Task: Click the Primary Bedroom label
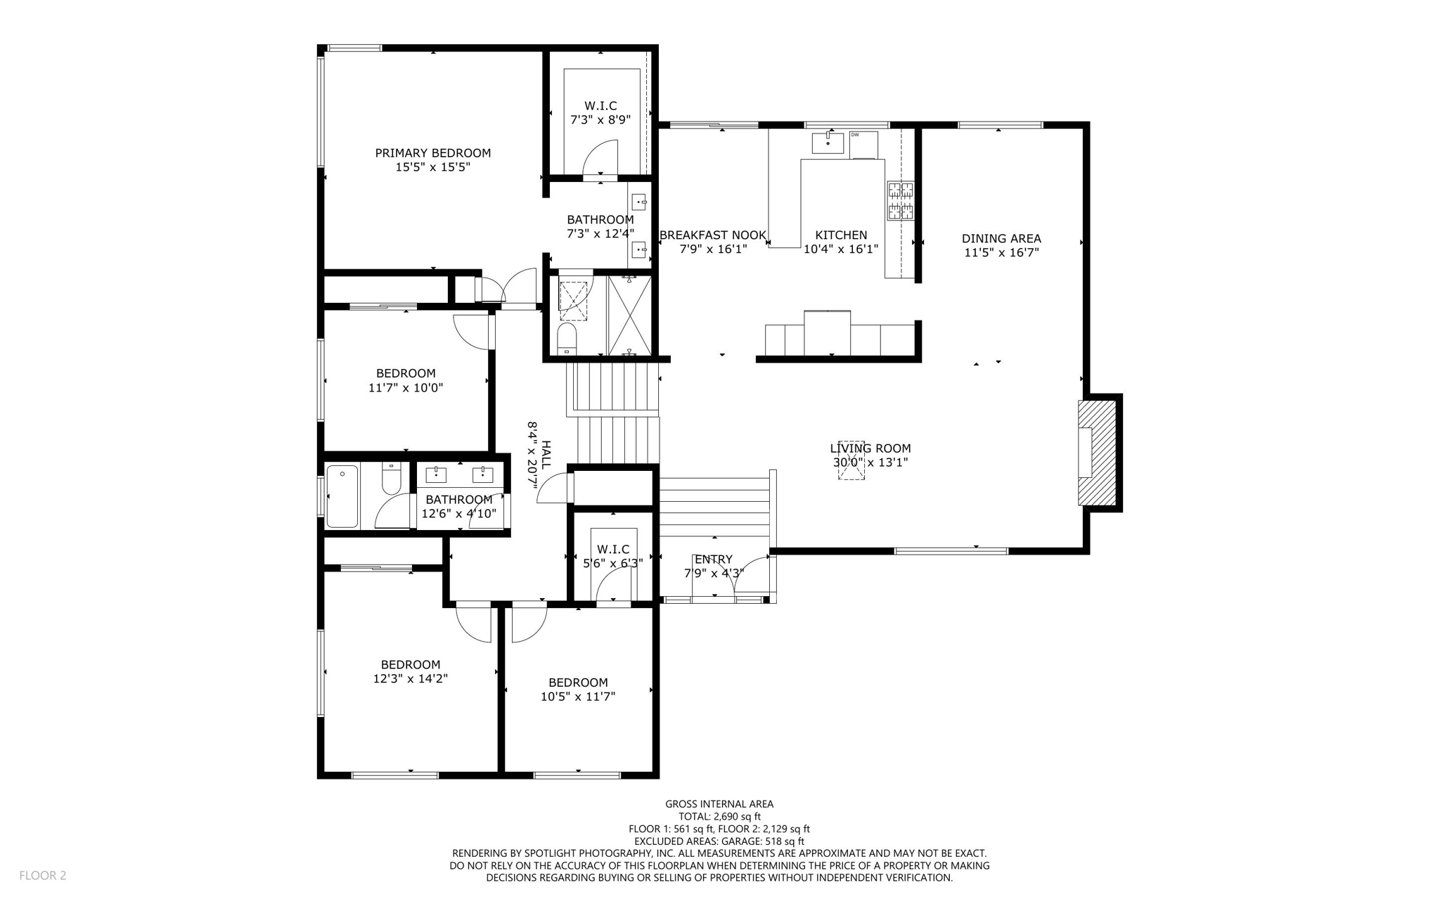(x=432, y=153)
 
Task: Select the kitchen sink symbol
(x=828, y=143)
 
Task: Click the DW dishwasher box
(x=863, y=144)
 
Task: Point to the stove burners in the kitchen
(x=900, y=200)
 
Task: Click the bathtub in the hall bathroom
(x=342, y=496)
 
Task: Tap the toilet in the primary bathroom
(x=567, y=338)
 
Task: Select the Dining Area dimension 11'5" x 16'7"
(x=1001, y=252)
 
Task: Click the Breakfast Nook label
(x=712, y=235)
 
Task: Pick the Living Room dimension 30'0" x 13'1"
(x=870, y=463)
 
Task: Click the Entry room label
(x=713, y=560)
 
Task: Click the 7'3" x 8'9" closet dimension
(x=600, y=120)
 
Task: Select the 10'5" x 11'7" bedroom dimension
(x=577, y=697)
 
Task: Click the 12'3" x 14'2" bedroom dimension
(x=410, y=679)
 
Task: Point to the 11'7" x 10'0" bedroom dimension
(x=405, y=388)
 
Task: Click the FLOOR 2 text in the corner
(x=42, y=875)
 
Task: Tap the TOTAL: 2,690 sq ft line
(x=719, y=816)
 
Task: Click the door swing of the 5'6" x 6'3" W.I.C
(x=614, y=584)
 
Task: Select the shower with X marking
(x=629, y=316)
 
